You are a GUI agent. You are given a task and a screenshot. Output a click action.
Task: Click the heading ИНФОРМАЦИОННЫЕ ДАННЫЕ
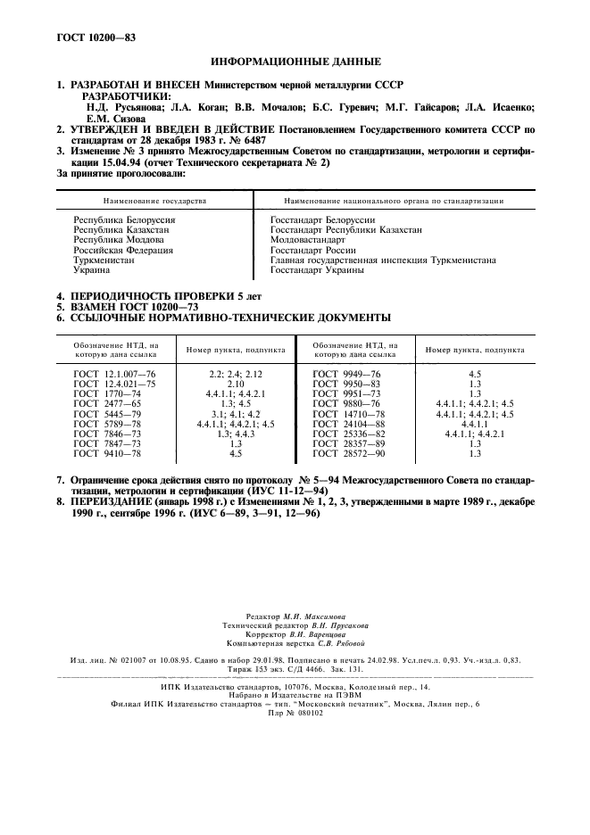(295, 62)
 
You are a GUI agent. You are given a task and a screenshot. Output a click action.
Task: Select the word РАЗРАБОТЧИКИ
(126, 95)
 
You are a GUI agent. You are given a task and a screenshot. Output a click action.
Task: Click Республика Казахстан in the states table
(120, 230)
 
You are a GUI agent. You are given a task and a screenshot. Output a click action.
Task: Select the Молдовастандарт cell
(307, 240)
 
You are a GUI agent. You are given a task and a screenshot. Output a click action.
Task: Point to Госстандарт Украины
(317, 269)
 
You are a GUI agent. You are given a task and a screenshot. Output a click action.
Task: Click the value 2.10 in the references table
(236, 382)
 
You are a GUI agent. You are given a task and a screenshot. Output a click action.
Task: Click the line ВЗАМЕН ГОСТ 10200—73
(126, 305)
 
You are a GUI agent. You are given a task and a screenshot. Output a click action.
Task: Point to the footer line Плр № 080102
(295, 713)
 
